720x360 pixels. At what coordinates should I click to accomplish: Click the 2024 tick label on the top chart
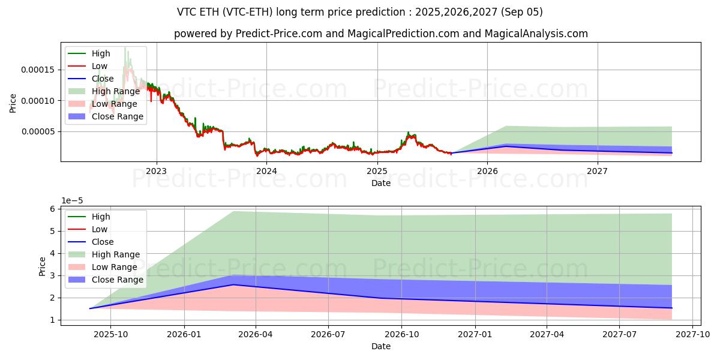[x=266, y=170]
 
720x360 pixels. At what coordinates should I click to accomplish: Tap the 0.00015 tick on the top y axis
[x=37, y=70]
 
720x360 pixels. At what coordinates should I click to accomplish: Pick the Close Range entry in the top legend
[x=117, y=116]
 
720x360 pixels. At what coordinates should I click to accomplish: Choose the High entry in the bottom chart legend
[x=100, y=217]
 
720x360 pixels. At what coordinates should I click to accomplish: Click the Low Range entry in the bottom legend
[x=114, y=267]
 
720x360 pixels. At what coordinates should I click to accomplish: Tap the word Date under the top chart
[x=380, y=182]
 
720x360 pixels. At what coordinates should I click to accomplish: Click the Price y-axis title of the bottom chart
[x=42, y=266]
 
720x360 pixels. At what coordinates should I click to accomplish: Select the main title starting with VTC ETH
[x=360, y=12]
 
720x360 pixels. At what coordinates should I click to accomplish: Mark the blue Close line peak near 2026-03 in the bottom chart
[x=233, y=284]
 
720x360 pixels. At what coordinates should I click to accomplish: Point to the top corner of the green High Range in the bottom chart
[x=233, y=211]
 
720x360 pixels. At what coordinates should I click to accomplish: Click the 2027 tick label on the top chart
[x=598, y=170]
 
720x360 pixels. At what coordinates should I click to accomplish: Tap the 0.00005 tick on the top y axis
[x=37, y=131]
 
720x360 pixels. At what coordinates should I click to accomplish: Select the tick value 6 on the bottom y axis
[x=53, y=209]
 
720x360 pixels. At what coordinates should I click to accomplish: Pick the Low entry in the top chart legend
[x=100, y=66]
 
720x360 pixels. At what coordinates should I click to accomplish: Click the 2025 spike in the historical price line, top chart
[x=409, y=133]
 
